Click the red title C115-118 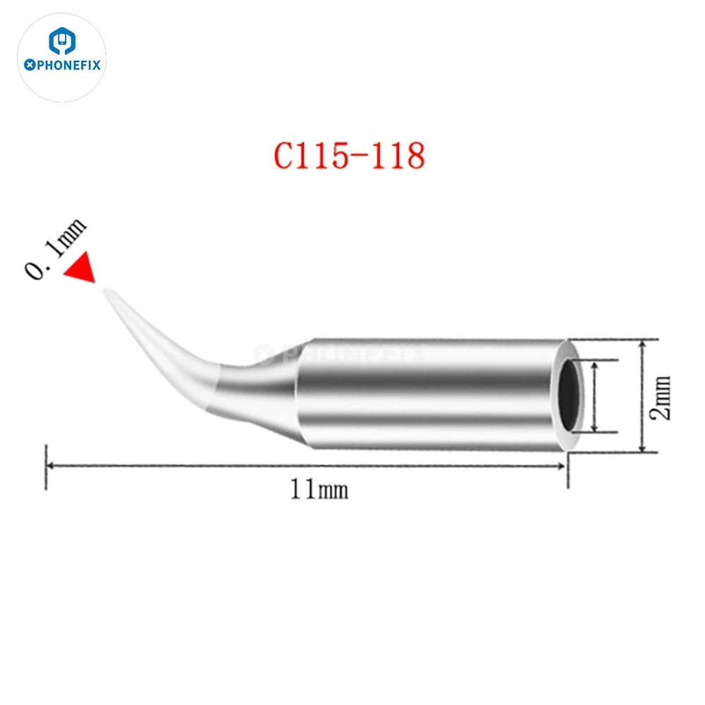[x=349, y=157]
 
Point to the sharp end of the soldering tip [x=107, y=291]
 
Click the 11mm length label [x=319, y=489]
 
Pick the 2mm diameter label [x=662, y=397]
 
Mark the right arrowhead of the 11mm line [x=562, y=465]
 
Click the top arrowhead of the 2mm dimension [x=642, y=345]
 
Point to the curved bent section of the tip [x=183, y=360]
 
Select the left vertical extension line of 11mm [x=46, y=465]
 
